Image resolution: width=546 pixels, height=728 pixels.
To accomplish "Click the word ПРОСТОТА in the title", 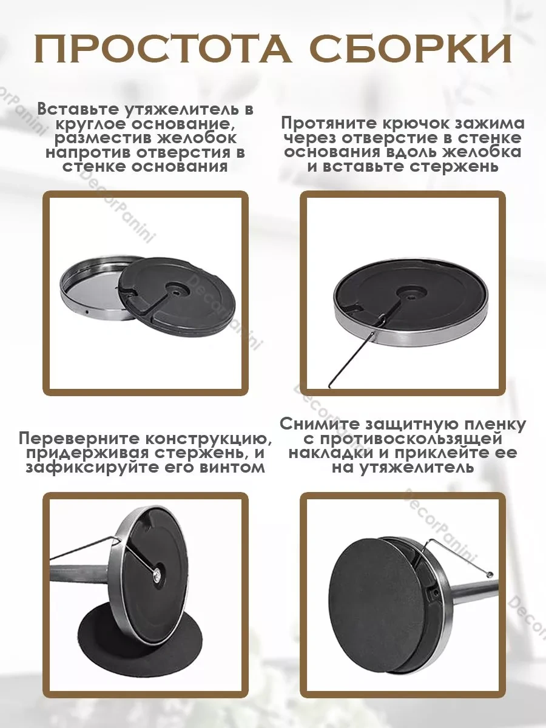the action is coord(163,49).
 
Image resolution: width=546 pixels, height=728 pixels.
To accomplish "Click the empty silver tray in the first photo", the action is coord(92,289).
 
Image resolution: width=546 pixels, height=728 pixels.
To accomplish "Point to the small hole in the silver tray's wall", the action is coord(86,312).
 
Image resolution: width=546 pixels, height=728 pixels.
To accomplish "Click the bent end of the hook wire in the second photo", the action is coord(330,385).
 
